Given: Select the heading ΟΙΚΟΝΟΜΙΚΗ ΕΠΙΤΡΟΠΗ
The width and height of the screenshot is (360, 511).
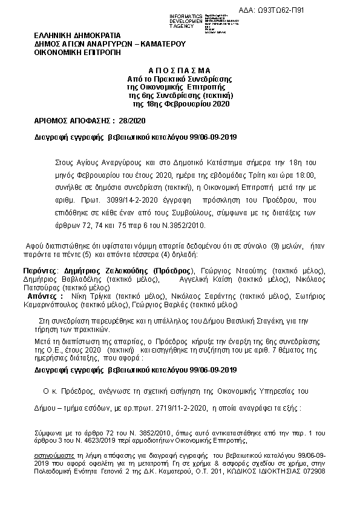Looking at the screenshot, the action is click(77, 53).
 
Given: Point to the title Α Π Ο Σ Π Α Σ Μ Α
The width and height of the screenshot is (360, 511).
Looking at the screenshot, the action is click(180, 70).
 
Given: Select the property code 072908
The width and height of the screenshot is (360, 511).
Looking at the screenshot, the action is click(314, 471).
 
